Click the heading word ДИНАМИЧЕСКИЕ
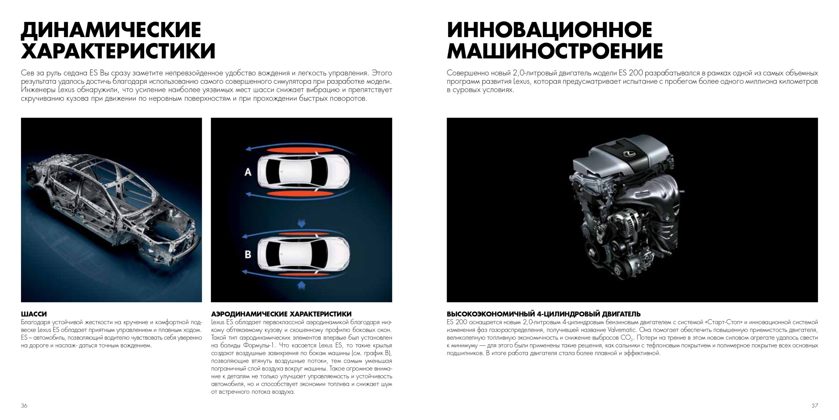click(111, 30)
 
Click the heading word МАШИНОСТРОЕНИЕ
click(555, 51)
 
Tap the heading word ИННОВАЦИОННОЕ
click(549, 30)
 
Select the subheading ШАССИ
click(34, 314)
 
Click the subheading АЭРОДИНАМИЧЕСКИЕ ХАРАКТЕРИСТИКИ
click(281, 314)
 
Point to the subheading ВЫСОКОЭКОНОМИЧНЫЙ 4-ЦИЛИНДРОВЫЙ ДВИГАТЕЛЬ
click(544, 314)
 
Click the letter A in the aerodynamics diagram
click(248, 172)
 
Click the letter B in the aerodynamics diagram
click(248, 254)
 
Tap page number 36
click(24, 406)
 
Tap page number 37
click(815, 406)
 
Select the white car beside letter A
click(303, 171)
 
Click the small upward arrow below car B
click(301, 285)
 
